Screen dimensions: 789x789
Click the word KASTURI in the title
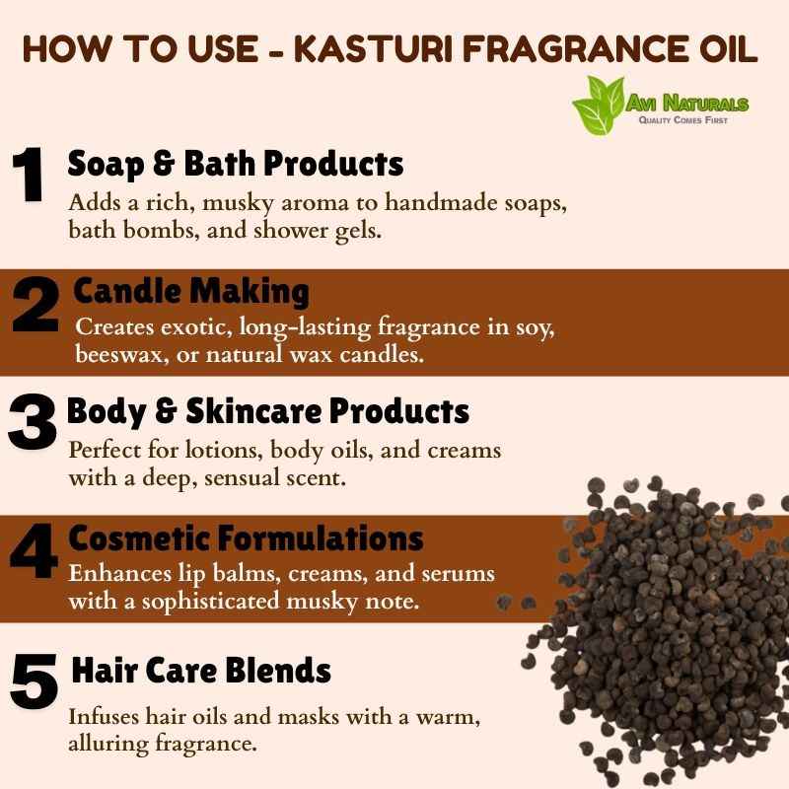[x=375, y=48]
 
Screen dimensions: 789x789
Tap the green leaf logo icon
[x=599, y=105]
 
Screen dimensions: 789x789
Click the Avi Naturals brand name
[x=687, y=104]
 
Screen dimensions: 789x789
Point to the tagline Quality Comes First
[x=682, y=119]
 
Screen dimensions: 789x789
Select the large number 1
[x=28, y=175]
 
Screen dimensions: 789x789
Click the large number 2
[x=35, y=306]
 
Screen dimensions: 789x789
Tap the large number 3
[x=32, y=422]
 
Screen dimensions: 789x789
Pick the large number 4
[x=34, y=550]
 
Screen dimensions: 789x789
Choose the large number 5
[x=34, y=681]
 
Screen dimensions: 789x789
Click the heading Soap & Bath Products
[x=236, y=164]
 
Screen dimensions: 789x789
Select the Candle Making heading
[x=191, y=291]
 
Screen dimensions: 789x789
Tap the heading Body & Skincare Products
[x=267, y=411]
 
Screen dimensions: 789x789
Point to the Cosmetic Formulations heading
[x=246, y=538]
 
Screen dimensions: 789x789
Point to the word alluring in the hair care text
[x=108, y=745]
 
